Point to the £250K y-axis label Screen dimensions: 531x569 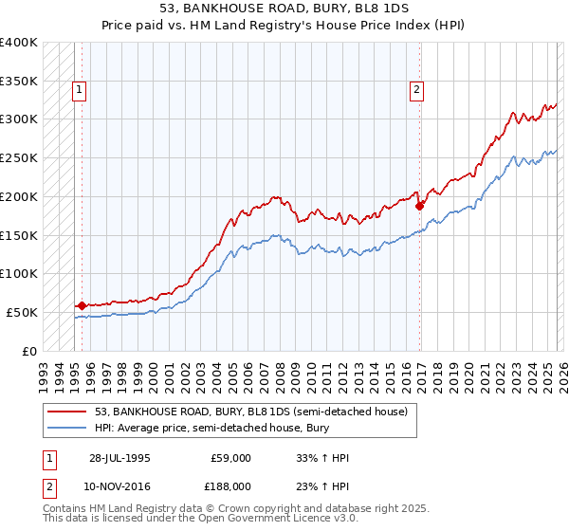click(x=19, y=158)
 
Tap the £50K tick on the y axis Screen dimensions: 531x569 click(x=23, y=312)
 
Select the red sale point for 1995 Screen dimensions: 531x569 click(x=82, y=305)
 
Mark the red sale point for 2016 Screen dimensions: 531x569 click(x=419, y=205)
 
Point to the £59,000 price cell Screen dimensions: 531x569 click(x=230, y=459)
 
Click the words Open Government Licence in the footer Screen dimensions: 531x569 click(x=276, y=519)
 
